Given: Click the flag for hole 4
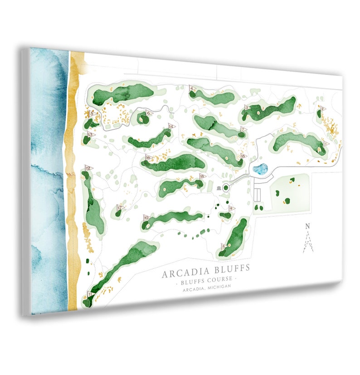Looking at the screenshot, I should [x=193, y=89].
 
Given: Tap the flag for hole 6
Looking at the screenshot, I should [x=147, y=113].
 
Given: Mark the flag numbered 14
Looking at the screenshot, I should [x=170, y=127].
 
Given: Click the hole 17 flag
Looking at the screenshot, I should [x=120, y=208].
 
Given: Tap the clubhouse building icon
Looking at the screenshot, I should [x=219, y=188].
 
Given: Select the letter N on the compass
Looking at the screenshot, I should [x=308, y=226].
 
